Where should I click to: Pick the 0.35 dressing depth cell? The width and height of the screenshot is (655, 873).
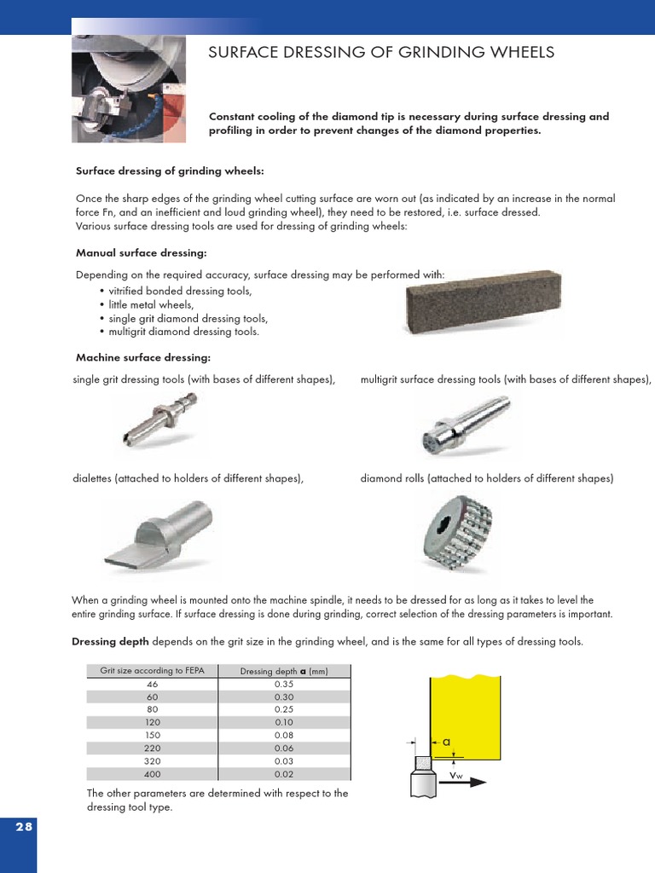[x=284, y=684]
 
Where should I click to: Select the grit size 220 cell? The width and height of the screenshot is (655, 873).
[x=153, y=748]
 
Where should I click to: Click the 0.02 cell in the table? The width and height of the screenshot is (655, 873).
[x=284, y=773]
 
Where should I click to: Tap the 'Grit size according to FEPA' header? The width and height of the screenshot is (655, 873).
[x=153, y=670]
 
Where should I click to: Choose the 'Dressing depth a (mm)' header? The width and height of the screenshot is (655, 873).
[x=284, y=671]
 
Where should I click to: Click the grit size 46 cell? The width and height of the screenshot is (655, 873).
[x=153, y=684]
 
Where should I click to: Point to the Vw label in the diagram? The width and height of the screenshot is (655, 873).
[x=456, y=775]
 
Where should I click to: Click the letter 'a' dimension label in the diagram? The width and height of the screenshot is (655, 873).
[x=446, y=742]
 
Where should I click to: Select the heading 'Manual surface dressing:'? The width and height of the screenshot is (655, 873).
[x=142, y=253]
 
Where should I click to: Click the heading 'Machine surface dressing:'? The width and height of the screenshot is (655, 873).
[x=143, y=357]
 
